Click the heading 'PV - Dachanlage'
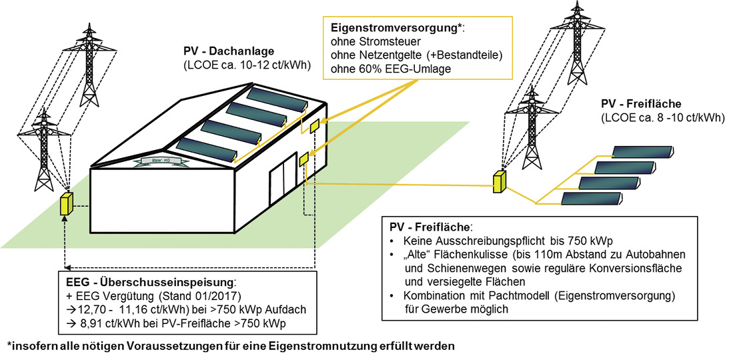226,51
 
